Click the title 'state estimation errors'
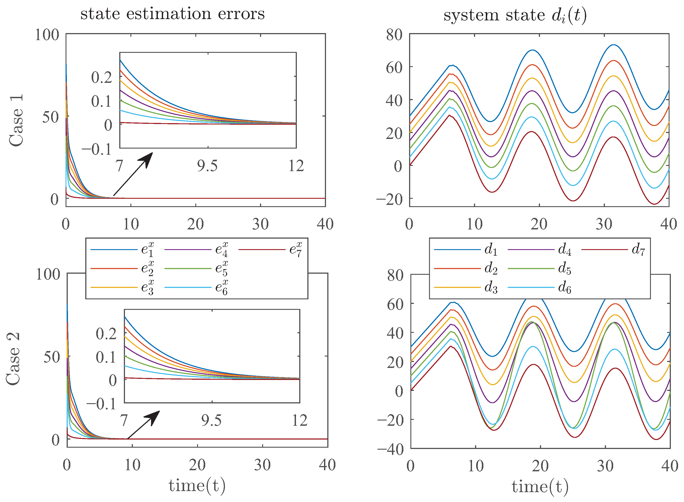(172, 14)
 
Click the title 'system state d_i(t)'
(515, 15)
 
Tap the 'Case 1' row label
(16, 120)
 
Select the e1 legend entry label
(148, 250)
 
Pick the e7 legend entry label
(296, 250)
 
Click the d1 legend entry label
(491, 250)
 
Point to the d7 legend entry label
(638, 250)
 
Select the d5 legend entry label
(565, 269)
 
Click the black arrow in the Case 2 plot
(143, 425)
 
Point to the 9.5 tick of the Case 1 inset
(207, 166)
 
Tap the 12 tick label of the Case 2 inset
(299, 420)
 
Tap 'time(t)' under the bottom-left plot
(197, 485)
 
